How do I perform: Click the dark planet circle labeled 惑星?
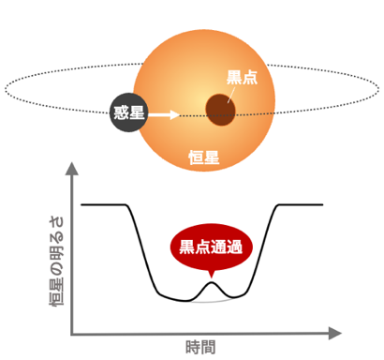[x=128, y=112]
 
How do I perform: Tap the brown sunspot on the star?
[x=220, y=110]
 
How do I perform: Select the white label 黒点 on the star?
[x=242, y=77]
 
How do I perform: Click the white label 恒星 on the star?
[x=204, y=157]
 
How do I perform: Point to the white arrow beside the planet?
[x=164, y=114]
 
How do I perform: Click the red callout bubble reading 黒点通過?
[x=211, y=247]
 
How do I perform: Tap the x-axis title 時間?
[x=200, y=347]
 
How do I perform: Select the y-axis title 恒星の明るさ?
[x=56, y=261]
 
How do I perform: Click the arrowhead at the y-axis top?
[x=72, y=169]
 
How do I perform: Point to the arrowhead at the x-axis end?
[x=335, y=333]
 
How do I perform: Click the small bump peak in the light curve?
[x=212, y=282]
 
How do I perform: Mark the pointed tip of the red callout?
[x=212, y=278]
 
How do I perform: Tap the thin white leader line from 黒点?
[x=231, y=95]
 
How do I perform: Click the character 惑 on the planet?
[x=121, y=112]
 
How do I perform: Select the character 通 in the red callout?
[x=219, y=247]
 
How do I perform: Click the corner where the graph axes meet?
[x=72, y=334]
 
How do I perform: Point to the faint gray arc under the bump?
[x=211, y=302]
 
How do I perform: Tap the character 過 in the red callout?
[x=235, y=247]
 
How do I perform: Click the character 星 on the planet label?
[x=137, y=112]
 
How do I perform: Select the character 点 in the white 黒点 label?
[x=250, y=77]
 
